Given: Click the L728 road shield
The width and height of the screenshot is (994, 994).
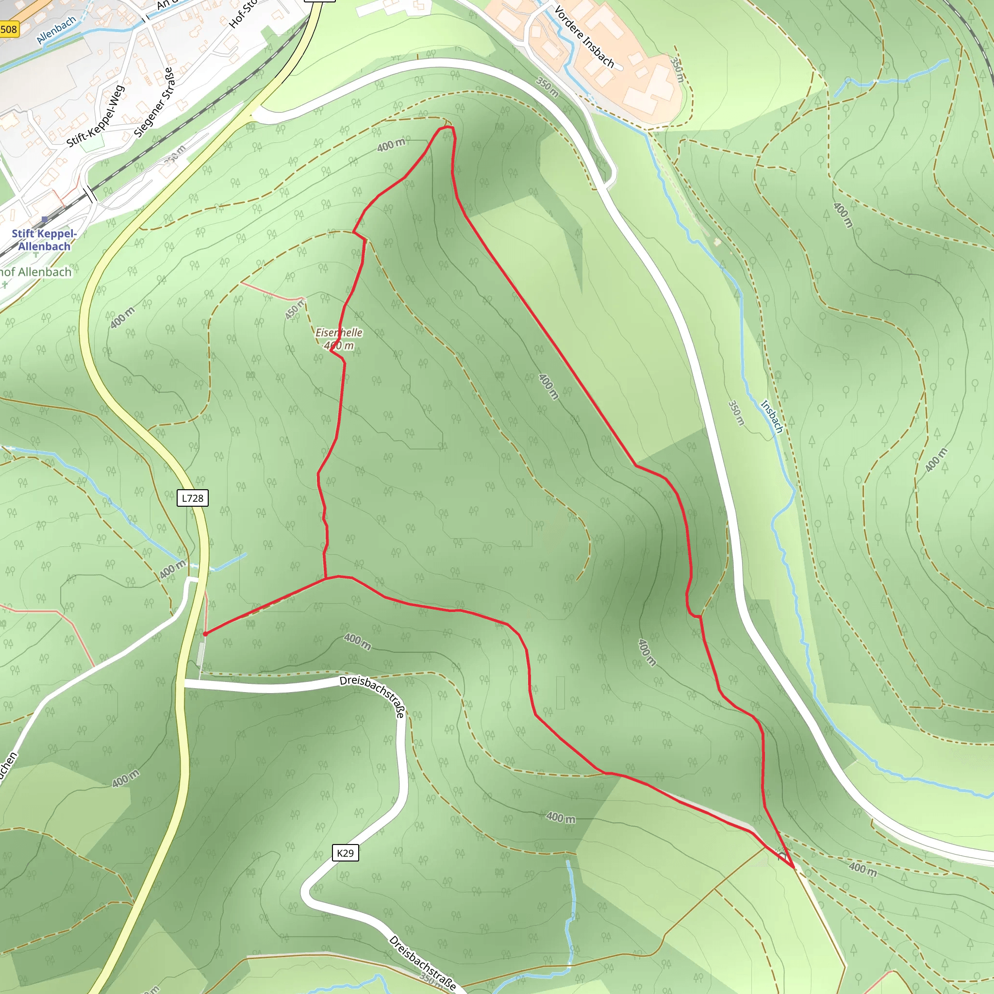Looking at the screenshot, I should tap(192, 498).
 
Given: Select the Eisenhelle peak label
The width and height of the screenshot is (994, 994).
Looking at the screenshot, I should tap(339, 333).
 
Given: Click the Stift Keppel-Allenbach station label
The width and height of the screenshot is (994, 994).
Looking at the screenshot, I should tap(44, 240).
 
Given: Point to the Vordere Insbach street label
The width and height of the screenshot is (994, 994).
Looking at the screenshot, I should tap(584, 36).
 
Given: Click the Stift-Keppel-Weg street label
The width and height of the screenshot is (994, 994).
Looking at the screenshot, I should tap(96, 116).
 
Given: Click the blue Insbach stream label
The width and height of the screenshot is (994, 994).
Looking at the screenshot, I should tap(772, 416).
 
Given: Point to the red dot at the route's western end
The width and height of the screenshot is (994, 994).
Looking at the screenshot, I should tap(205, 634).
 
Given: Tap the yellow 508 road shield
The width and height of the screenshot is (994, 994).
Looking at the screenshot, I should tap(9, 29).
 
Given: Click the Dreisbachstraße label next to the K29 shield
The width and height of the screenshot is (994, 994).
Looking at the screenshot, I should tap(372, 696).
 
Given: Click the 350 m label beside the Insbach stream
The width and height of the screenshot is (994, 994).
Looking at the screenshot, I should tap(737, 413).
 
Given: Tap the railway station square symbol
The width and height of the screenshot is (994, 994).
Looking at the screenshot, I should tap(45, 220).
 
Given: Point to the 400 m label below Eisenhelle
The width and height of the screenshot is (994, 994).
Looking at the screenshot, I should tap(339, 346).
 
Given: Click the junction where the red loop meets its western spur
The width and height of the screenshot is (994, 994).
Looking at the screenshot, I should tap(326, 578).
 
